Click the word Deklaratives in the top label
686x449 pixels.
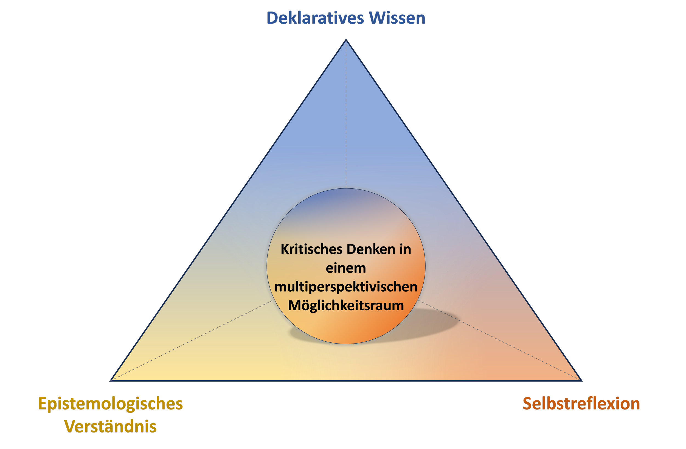click(315, 18)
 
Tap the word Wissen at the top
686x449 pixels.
click(397, 18)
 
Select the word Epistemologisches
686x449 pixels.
click(110, 404)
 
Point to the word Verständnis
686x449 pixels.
click(110, 426)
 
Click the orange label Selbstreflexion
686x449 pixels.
click(581, 404)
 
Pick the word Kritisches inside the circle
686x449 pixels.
click(312, 249)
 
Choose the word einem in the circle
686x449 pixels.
click(346, 268)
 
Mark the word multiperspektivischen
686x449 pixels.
click(346, 287)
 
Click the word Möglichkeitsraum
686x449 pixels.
click(346, 306)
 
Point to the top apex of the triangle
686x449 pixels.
click(346, 40)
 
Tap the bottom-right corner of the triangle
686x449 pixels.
click(581, 380)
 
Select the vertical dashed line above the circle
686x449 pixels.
click(346, 115)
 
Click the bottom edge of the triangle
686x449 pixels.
click(346, 381)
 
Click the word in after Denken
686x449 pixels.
click(405, 249)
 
